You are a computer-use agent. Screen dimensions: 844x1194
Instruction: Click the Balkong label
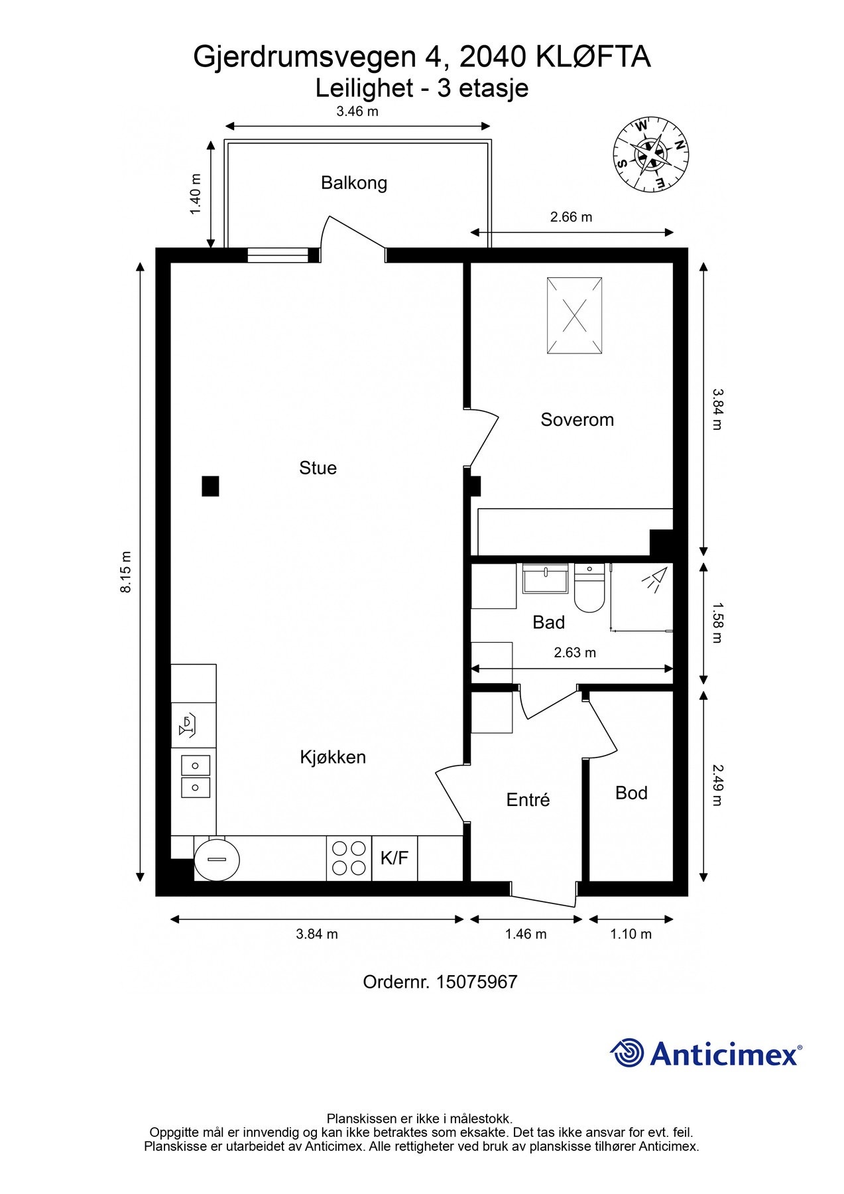(x=354, y=183)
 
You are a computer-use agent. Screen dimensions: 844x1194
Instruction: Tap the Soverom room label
(x=577, y=419)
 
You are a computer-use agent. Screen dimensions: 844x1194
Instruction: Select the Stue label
(x=318, y=468)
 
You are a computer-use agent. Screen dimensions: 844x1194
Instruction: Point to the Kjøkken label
(x=333, y=757)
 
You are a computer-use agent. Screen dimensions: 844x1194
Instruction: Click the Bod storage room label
(x=631, y=793)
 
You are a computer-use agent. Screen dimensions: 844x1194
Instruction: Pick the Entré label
(x=528, y=799)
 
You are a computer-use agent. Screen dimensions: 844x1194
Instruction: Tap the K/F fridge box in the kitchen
(x=394, y=858)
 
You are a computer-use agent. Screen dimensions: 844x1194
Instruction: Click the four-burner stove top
(x=349, y=858)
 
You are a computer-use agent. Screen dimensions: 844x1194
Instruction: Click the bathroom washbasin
(x=545, y=578)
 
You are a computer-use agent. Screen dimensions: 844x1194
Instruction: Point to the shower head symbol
(x=652, y=579)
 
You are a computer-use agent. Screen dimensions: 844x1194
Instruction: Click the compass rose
(x=650, y=155)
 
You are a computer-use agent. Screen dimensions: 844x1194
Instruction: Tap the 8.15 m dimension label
(x=126, y=572)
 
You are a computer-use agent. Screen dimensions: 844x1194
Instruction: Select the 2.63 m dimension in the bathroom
(x=575, y=653)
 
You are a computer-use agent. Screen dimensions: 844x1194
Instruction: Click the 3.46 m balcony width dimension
(x=357, y=111)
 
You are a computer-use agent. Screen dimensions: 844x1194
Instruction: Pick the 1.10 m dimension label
(x=631, y=934)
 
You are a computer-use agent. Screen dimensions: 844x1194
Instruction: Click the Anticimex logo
(x=706, y=1053)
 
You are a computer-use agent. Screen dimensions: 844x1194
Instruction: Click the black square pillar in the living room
(x=210, y=486)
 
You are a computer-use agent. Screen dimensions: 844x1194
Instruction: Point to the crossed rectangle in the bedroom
(x=575, y=315)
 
